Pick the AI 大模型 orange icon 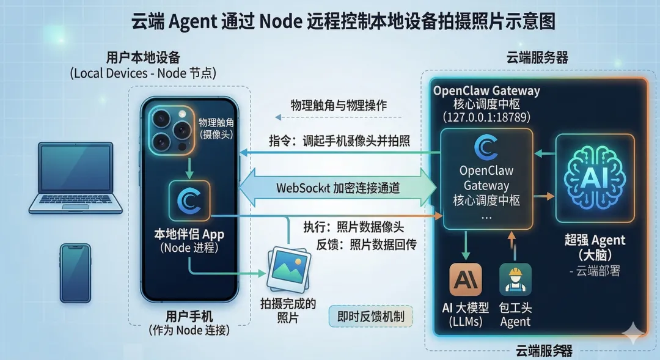[x=465, y=280]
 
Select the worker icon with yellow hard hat [x=515, y=280]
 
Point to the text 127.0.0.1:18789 [x=486, y=117]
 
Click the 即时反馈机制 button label [x=371, y=317]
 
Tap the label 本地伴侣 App [x=189, y=235]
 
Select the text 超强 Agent [x=595, y=240]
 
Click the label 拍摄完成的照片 [x=288, y=310]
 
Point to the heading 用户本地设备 [x=143, y=57]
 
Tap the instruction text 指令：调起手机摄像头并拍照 [x=340, y=141]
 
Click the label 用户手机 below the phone [x=189, y=316]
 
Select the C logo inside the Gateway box [x=486, y=149]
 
